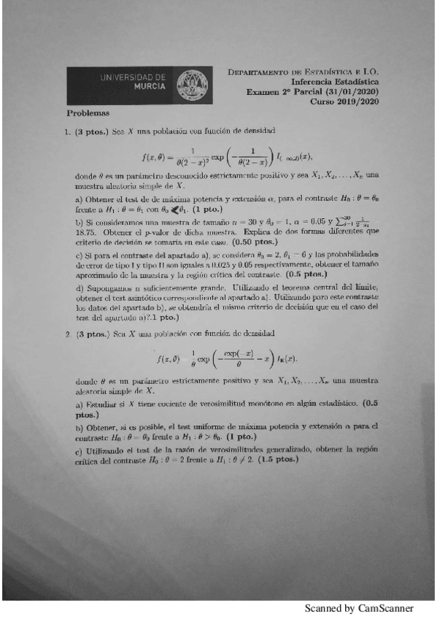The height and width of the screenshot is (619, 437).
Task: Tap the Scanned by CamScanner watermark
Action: tap(358, 608)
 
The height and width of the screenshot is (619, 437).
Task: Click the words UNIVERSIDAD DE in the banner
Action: tap(131, 77)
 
